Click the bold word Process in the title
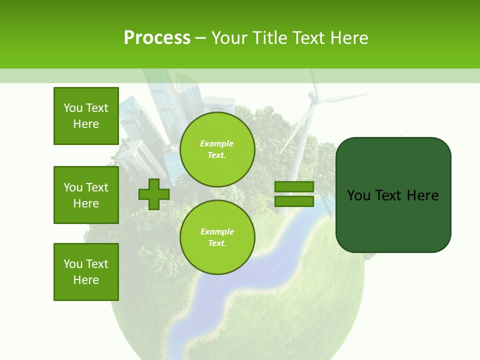(x=157, y=38)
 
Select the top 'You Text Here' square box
(x=86, y=116)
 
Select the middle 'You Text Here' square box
(x=86, y=195)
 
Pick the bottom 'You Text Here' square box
(x=86, y=272)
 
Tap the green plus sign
(x=154, y=194)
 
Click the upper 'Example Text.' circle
(x=217, y=149)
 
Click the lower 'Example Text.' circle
(x=217, y=237)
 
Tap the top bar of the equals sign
(x=294, y=186)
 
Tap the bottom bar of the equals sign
(x=294, y=201)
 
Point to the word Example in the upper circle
(x=217, y=143)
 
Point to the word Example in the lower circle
(x=217, y=231)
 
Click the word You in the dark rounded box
(x=358, y=195)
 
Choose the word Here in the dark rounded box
(x=422, y=195)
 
